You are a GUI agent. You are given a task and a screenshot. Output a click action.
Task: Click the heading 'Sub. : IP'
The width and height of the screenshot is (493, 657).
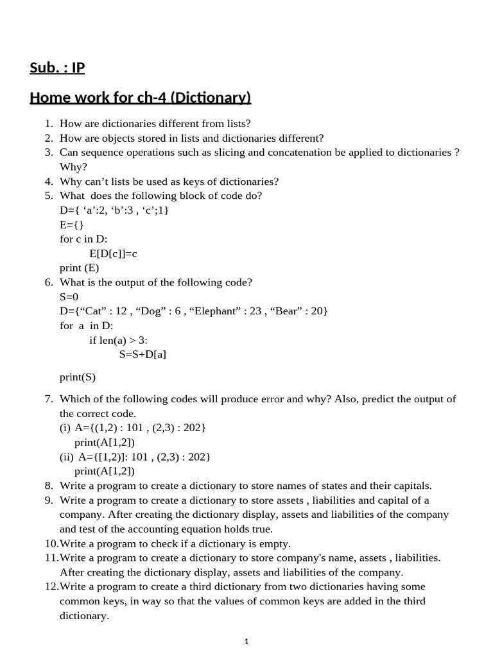click(57, 67)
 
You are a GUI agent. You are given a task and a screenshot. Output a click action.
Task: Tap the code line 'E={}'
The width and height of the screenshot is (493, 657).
click(71, 225)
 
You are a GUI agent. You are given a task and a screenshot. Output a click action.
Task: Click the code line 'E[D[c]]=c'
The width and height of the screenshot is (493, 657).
click(113, 253)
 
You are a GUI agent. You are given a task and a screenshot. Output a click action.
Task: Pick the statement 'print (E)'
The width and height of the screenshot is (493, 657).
click(79, 268)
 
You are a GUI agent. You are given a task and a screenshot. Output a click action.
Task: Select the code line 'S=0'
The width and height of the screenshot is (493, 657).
click(69, 296)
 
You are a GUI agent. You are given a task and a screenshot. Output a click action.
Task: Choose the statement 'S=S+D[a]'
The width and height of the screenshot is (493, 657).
click(143, 354)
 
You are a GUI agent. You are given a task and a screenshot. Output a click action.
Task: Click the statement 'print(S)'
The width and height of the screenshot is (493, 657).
click(78, 377)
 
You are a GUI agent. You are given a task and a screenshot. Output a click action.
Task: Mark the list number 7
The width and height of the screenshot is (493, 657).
click(48, 399)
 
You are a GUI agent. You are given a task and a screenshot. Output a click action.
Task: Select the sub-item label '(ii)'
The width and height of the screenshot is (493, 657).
click(67, 457)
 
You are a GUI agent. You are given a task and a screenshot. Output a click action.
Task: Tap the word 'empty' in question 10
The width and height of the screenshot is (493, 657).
click(275, 543)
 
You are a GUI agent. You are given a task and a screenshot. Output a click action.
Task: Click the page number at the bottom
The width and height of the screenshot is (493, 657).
click(246, 641)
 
